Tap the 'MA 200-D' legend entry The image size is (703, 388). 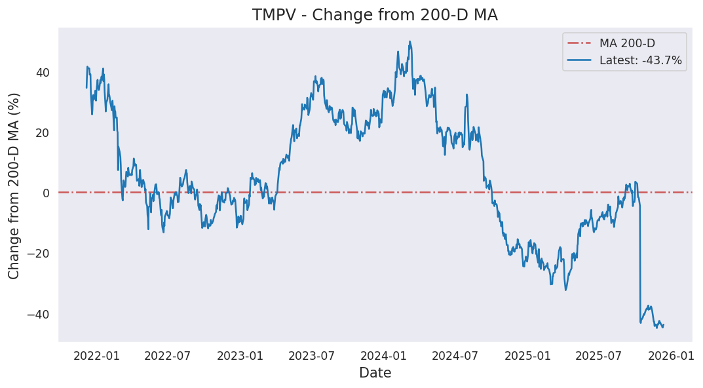pos(627,43)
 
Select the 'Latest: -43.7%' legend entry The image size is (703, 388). pos(640,60)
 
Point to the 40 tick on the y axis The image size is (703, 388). pos(42,72)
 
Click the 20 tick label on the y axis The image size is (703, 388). pos(42,132)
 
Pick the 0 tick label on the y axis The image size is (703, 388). pos(46,193)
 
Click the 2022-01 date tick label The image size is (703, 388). pos(96,356)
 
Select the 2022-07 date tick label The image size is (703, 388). pos(167,356)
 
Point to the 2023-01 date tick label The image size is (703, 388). pos(240,356)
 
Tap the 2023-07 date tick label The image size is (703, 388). pos(311,356)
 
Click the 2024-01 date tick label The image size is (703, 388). pos(383,356)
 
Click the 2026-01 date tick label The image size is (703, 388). pos(671,356)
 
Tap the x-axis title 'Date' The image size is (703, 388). pos(375,373)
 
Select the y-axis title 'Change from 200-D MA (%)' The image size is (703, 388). pos(14,185)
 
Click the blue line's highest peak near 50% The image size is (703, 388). pos(409,42)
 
